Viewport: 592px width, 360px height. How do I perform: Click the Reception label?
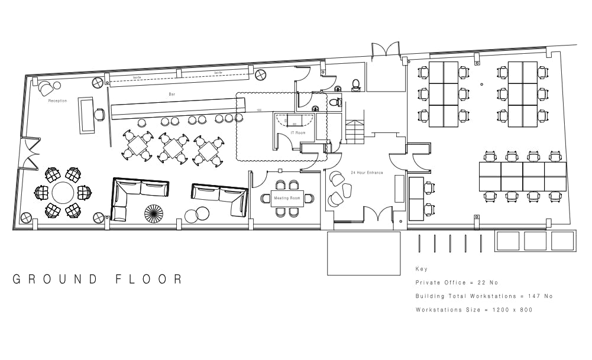click(x=57, y=101)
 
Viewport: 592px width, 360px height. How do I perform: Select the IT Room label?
click(x=297, y=133)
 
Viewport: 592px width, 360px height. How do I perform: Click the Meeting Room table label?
click(x=287, y=198)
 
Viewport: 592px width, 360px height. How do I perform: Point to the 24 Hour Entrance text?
click(x=367, y=173)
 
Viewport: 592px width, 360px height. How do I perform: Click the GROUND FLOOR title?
click(x=98, y=279)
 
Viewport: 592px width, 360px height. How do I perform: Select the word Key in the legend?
click(x=421, y=269)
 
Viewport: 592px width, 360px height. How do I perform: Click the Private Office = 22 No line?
click(x=457, y=283)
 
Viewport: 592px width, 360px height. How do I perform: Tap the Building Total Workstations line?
click(x=484, y=296)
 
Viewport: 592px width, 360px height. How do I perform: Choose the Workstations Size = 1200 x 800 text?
click(x=474, y=310)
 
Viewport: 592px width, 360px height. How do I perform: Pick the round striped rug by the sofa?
click(x=154, y=213)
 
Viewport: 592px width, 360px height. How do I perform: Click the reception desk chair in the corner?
click(x=46, y=89)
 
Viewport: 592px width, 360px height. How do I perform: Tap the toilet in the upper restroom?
click(x=356, y=85)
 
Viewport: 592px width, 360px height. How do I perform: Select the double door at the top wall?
click(x=386, y=49)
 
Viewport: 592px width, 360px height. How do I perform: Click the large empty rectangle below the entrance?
click(x=364, y=253)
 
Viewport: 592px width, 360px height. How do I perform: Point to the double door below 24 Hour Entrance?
click(x=378, y=214)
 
